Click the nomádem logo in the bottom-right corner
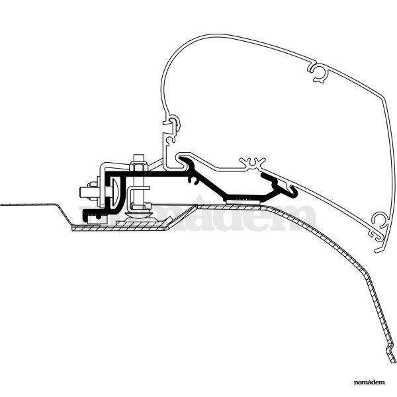(369, 382)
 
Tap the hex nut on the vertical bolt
(138, 167)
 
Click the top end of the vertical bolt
(139, 155)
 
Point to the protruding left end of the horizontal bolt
(84, 193)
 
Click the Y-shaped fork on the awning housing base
(253, 163)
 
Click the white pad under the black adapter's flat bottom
(244, 201)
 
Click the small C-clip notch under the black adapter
(193, 181)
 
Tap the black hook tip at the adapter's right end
(294, 191)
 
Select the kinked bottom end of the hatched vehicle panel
(390, 352)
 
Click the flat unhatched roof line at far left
(28, 204)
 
